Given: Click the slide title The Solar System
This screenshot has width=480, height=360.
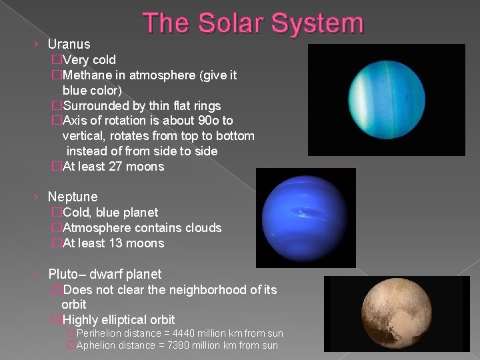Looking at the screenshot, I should [x=253, y=23].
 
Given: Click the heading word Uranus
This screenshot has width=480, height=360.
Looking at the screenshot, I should [x=69, y=44].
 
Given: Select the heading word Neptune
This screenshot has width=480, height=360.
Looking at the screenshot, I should [x=73, y=197].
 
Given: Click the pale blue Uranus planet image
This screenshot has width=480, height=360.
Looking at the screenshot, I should [x=387, y=100].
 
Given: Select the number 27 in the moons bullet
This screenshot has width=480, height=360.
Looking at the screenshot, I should [x=115, y=167].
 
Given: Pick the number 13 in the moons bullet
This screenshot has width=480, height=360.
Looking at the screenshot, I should [x=115, y=243].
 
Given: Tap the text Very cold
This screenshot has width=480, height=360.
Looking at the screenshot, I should [x=89, y=60].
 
